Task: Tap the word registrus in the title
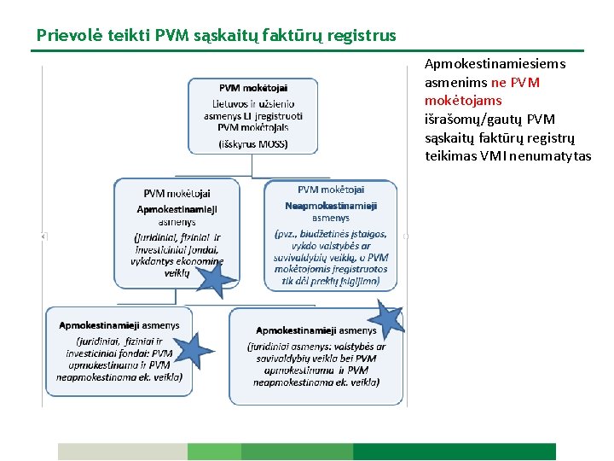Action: click(362, 36)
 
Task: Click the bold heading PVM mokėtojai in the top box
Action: click(253, 88)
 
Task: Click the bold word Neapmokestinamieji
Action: click(331, 205)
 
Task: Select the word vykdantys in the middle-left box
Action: click(153, 261)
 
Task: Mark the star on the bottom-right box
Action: click(389, 320)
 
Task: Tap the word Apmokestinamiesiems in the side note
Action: click(495, 63)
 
